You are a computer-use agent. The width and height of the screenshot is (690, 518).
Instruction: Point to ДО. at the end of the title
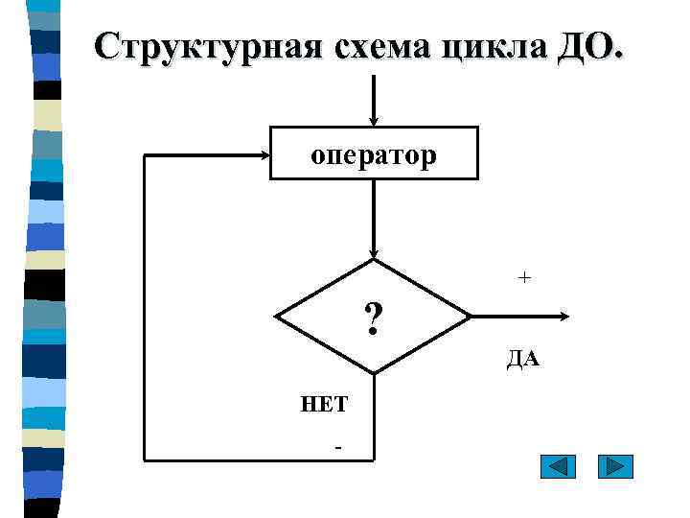588,46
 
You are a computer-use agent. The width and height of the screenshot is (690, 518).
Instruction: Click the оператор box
374,153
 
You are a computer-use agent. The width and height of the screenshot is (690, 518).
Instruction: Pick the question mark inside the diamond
373,316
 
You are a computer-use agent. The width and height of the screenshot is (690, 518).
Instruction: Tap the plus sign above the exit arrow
524,277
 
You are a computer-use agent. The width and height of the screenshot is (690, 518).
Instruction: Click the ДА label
523,360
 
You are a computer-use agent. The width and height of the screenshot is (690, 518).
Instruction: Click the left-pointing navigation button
558,467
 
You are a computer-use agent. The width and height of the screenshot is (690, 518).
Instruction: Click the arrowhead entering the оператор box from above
374,119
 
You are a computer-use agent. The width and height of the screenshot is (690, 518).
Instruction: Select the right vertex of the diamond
471,317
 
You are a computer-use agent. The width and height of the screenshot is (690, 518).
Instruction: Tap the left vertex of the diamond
275,317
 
